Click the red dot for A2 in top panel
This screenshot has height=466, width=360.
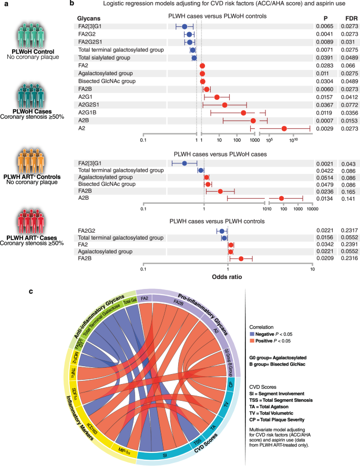pyautogui.click(x=284, y=129)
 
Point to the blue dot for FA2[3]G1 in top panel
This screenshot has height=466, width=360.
pyautogui.click(x=184, y=26)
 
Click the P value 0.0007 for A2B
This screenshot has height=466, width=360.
pyautogui.click(x=328, y=121)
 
